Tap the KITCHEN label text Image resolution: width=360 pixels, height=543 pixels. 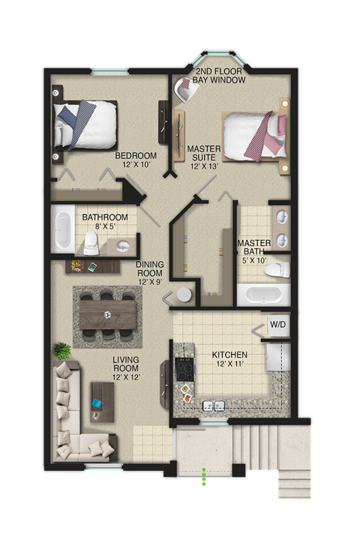click(x=229, y=359)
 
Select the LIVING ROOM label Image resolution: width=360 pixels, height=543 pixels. click(x=127, y=368)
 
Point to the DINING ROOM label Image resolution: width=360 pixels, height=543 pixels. click(x=150, y=273)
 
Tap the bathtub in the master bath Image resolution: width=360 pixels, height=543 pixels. click(x=262, y=293)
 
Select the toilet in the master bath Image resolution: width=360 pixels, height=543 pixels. click(x=276, y=269)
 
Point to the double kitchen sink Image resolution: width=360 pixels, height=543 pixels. click(x=215, y=406)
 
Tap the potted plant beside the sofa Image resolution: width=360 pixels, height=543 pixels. click(x=61, y=350)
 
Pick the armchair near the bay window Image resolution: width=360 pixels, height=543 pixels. click(x=185, y=90)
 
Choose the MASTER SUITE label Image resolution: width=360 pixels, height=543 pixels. click(x=204, y=157)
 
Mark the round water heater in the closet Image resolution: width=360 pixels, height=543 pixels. click(x=186, y=295)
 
